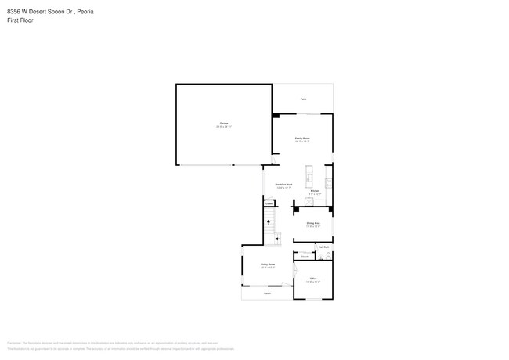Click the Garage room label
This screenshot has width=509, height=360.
click(224, 123)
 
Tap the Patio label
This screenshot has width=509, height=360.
click(303, 99)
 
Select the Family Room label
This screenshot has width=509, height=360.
click(302, 138)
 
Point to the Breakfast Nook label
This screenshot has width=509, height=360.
click(283, 185)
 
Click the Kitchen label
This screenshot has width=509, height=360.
click(315, 190)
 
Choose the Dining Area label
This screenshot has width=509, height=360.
click(313, 223)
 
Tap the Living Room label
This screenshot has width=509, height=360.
click(267, 265)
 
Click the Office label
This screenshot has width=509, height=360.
click(312, 279)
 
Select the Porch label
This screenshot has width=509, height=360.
click(267, 293)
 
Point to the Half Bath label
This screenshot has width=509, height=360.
click(323, 247)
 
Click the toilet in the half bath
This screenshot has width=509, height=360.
click(330, 256)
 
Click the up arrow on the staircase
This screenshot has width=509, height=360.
click(269, 223)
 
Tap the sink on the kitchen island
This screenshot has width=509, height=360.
click(311, 170)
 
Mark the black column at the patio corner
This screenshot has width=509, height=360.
click(276, 116)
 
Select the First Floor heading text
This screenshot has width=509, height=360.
click(20, 20)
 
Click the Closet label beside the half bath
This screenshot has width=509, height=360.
click(304, 256)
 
